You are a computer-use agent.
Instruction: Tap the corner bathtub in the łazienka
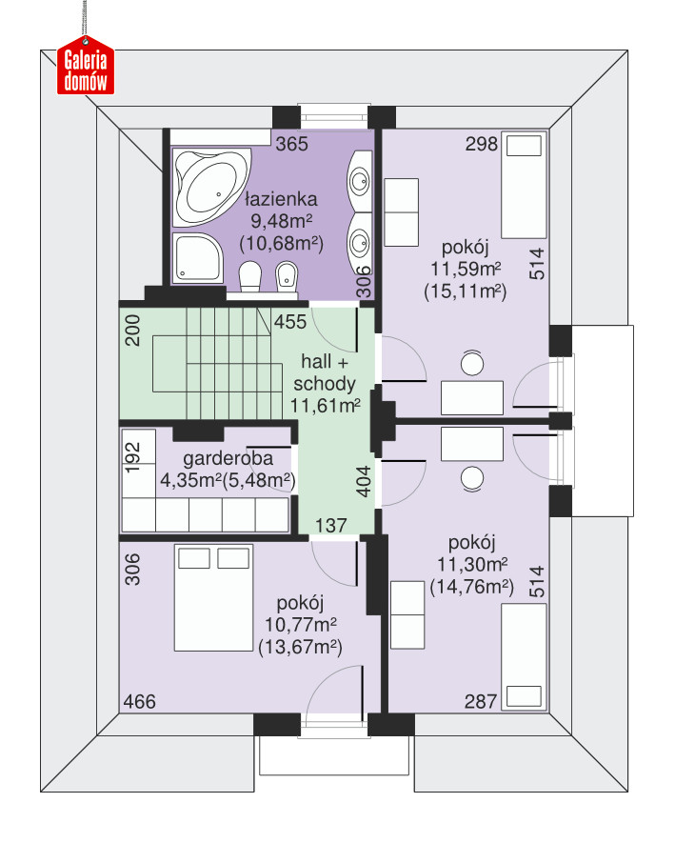click(x=211, y=188)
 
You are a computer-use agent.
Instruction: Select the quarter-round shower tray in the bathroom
click(x=197, y=257)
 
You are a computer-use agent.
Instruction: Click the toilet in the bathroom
click(x=249, y=276)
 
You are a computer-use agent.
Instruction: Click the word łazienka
click(x=281, y=199)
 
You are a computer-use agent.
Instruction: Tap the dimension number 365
click(x=292, y=144)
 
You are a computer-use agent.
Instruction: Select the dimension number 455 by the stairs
click(x=290, y=322)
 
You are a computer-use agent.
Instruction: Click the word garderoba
click(x=228, y=458)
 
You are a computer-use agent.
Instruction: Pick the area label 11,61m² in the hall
click(x=326, y=406)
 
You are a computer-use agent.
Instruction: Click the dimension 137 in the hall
click(x=331, y=525)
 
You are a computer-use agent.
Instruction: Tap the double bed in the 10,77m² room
click(x=214, y=598)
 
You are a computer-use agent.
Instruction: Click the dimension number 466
click(x=140, y=702)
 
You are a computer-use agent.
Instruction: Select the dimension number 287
click(x=481, y=702)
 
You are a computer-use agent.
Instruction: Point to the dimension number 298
click(x=482, y=144)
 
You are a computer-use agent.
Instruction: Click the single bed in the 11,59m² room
click(x=524, y=185)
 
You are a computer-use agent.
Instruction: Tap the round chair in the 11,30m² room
click(x=472, y=478)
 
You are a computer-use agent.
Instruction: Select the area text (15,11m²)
click(x=466, y=291)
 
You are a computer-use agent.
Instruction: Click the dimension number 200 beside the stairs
click(x=132, y=331)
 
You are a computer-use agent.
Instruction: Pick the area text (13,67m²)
click(x=301, y=647)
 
